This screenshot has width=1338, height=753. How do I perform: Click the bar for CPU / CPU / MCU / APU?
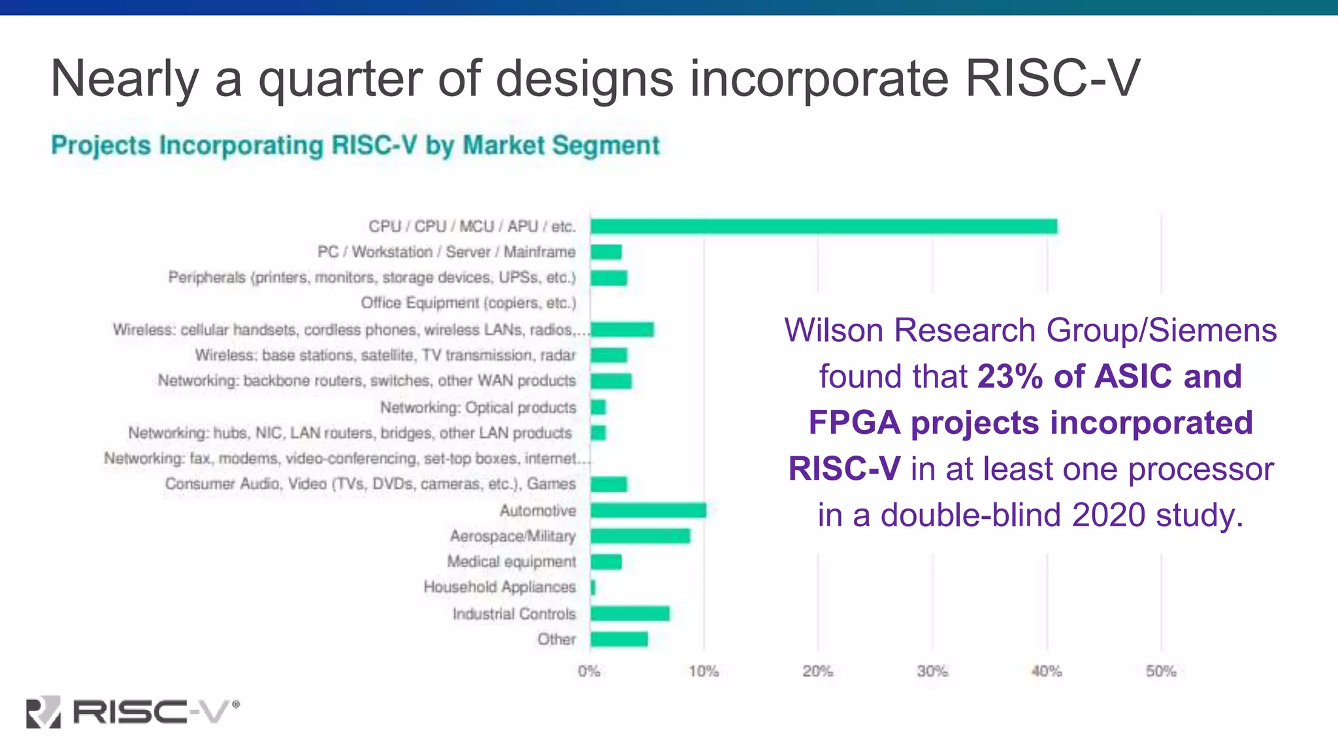coord(823,226)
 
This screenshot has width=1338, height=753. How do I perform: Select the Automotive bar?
coord(648,510)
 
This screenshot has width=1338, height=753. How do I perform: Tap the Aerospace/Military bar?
coord(640,536)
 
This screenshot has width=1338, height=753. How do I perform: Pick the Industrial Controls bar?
coord(630,613)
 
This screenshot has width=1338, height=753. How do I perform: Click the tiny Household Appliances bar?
coord(593,587)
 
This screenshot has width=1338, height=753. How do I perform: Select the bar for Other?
coord(619,639)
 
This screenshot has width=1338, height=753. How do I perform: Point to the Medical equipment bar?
coord(606,561)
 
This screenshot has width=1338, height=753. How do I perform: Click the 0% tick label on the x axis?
coord(589,671)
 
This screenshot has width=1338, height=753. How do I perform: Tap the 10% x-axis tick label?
coord(704,671)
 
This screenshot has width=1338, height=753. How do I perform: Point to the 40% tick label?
coord(1047,671)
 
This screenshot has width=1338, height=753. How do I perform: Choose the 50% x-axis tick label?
coord(1161,671)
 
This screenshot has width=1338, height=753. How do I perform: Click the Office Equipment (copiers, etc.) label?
coord(468,303)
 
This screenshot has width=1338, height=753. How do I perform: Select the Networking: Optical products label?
coord(478,407)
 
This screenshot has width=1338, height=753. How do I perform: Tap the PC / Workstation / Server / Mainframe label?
coord(446,252)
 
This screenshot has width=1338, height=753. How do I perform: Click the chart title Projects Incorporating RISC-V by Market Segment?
coord(355,145)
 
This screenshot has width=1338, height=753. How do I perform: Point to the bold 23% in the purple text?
coord(1010,376)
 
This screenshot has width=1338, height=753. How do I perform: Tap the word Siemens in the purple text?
coord(1213,330)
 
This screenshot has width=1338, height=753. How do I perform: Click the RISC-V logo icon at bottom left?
coord(43,712)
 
